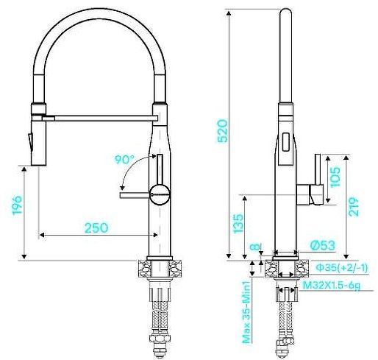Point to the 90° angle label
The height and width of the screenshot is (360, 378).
[125, 158]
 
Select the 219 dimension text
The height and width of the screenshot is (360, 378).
[354, 208]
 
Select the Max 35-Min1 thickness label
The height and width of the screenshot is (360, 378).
[247, 311]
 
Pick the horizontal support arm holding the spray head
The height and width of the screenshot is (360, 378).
[103, 116]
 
